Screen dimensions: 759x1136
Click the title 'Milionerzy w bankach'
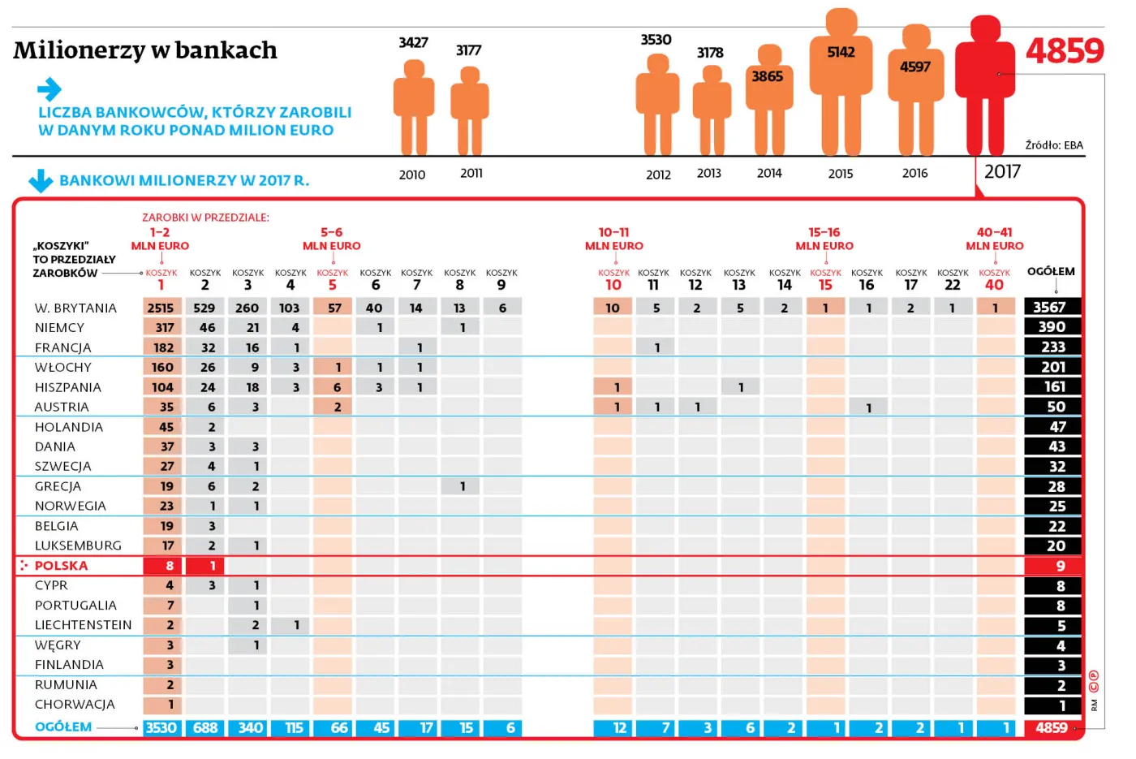click(145, 50)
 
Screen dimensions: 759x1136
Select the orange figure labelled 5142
click(841, 81)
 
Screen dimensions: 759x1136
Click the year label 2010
click(412, 175)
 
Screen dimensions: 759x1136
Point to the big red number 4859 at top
click(1065, 51)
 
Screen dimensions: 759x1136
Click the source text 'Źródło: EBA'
click(1053, 145)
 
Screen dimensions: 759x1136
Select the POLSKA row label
click(61, 566)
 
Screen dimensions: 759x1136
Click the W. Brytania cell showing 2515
click(161, 308)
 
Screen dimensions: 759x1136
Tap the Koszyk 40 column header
click(994, 280)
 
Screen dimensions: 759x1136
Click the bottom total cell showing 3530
click(161, 727)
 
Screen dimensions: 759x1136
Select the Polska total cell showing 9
click(1052, 566)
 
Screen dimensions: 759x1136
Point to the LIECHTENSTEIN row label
click(83, 625)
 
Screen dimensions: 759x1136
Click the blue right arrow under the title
click(49, 88)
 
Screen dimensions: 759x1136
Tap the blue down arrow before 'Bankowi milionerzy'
click(41, 180)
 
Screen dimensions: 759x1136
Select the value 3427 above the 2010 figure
click(413, 42)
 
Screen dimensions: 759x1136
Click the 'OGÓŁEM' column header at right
click(1051, 271)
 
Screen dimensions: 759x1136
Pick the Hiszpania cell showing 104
click(162, 387)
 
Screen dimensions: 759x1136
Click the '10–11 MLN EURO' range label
click(613, 239)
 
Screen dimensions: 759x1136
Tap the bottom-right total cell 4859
click(1052, 727)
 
